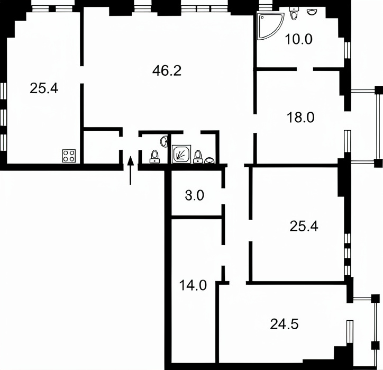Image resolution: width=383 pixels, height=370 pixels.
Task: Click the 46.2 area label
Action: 167,71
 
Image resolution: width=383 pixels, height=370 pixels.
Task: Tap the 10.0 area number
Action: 298,39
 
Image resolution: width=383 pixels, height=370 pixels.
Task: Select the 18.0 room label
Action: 300,118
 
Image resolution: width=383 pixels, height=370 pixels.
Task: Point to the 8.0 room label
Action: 195,196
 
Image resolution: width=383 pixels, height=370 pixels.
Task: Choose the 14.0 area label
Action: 193,285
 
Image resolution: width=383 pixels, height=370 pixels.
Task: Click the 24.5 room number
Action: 284,324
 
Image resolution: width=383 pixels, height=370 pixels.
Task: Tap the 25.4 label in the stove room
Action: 44,88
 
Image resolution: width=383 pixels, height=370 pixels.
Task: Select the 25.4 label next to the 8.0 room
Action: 304,226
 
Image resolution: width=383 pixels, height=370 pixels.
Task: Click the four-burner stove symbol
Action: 69,156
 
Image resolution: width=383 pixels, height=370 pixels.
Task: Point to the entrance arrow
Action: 131,170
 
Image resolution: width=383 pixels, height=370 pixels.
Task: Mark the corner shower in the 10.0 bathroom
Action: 270,25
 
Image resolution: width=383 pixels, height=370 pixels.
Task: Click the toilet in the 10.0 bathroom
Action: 294,13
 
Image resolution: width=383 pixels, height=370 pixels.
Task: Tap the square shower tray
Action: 181,154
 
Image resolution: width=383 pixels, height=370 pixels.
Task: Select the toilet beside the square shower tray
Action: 197,157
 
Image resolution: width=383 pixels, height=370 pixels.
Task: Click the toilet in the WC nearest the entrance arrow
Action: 154,157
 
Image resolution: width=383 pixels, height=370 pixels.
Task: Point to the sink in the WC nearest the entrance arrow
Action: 165,141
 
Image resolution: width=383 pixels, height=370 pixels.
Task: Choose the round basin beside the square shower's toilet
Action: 209,160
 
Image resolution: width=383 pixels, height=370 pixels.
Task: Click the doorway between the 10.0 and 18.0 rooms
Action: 305,69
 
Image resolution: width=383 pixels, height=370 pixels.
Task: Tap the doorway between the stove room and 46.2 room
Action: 82,75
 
